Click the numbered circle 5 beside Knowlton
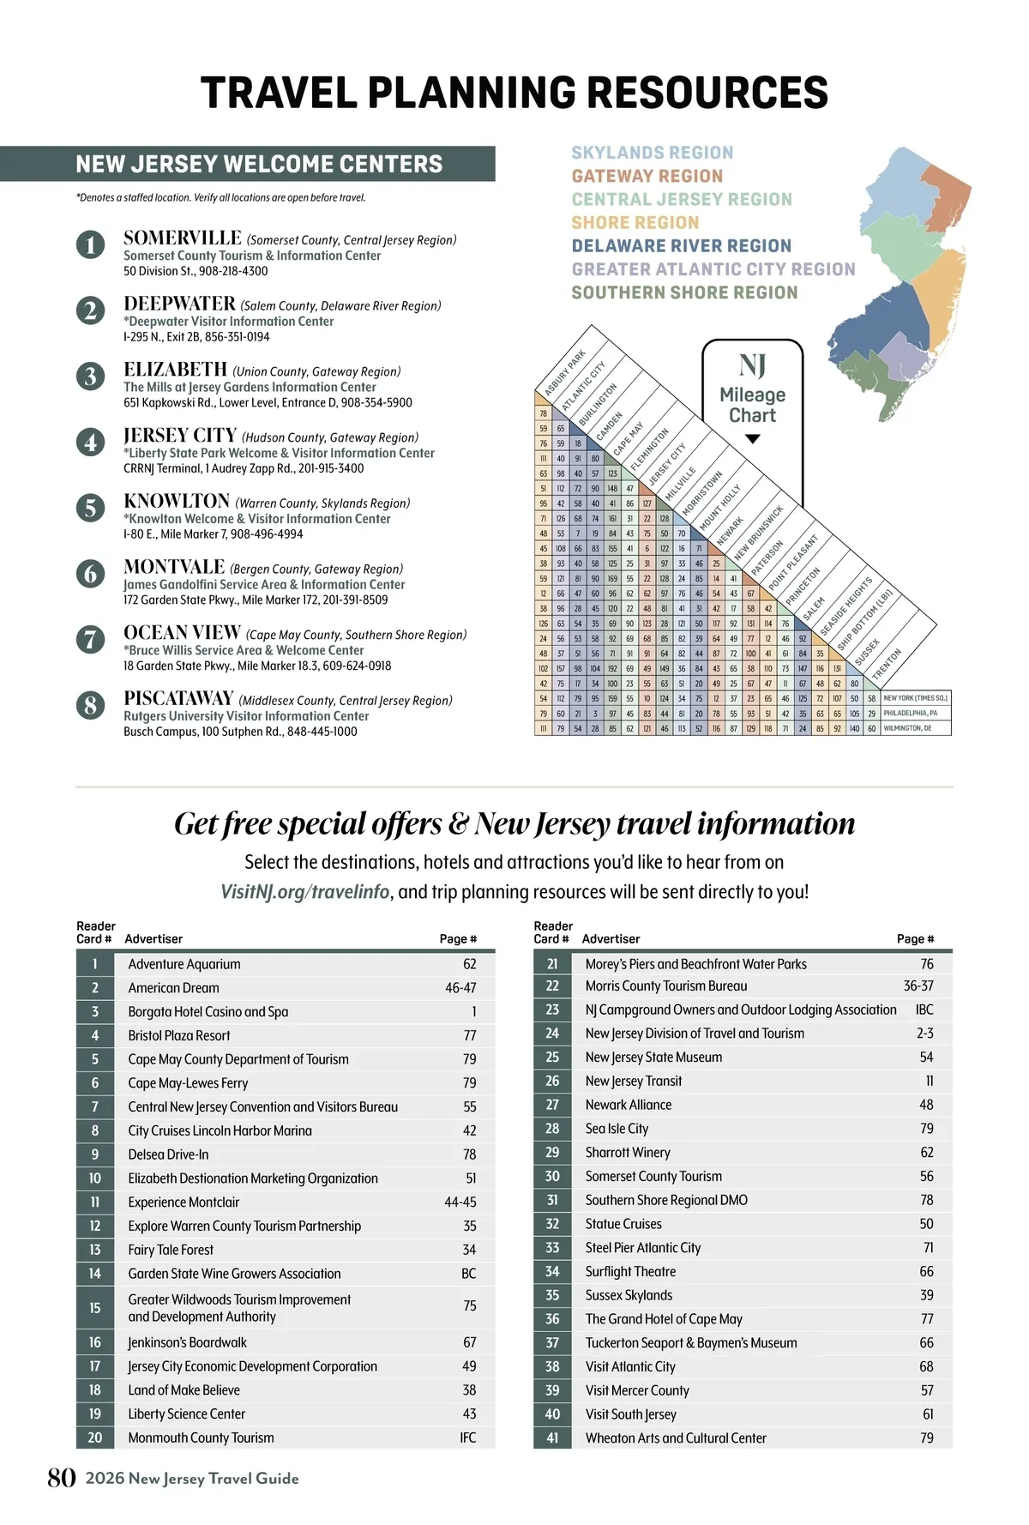[x=90, y=507]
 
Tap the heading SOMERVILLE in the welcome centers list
[x=183, y=238]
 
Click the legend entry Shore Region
[x=635, y=222]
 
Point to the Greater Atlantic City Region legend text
[x=713, y=269]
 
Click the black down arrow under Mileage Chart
[x=752, y=439]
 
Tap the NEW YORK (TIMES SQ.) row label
[x=915, y=698]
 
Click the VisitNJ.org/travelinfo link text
[x=305, y=892]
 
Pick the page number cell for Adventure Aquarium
[x=469, y=964]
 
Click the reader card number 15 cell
[x=94, y=1308]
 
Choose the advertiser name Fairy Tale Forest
[x=171, y=1250]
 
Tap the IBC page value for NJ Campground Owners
[x=924, y=1010]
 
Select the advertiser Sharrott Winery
[x=628, y=1153]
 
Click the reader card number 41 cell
[x=552, y=1438]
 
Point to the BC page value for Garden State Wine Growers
[x=468, y=1274]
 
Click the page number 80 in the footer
[x=62, y=1478]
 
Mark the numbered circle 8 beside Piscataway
[x=90, y=705]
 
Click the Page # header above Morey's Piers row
[x=915, y=939]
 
